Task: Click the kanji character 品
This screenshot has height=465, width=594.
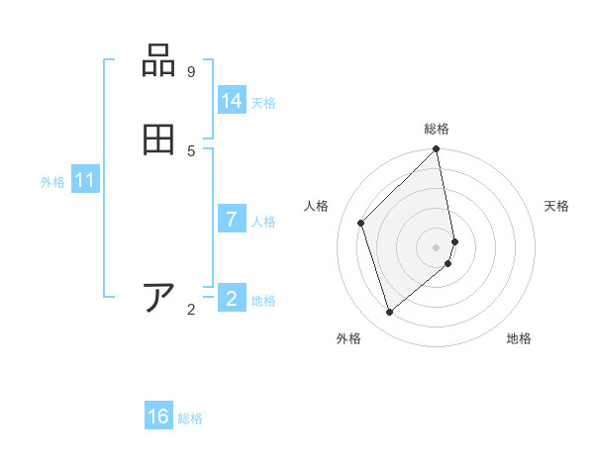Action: (159, 61)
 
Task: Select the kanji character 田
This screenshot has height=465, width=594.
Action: (159, 139)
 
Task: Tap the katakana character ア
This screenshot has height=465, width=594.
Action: (159, 298)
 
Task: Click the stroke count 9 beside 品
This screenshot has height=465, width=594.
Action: (191, 72)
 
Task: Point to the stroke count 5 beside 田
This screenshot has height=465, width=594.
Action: (191, 150)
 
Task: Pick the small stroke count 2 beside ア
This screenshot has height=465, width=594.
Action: (191, 310)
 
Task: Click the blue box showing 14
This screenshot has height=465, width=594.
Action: (232, 101)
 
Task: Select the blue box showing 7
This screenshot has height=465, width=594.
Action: (232, 220)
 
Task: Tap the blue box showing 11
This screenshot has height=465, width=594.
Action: (85, 181)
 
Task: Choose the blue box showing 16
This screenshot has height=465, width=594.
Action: (158, 417)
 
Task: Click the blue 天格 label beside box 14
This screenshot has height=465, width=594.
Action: (263, 103)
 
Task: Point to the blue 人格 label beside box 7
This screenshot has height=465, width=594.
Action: (263, 222)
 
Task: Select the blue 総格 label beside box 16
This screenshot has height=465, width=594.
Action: (190, 418)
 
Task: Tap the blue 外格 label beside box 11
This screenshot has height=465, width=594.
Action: (52, 182)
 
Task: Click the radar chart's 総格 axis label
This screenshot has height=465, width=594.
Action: (437, 129)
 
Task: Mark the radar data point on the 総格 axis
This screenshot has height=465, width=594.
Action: (437, 149)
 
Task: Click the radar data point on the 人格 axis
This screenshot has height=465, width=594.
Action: (361, 223)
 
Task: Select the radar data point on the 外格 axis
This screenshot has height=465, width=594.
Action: (390, 313)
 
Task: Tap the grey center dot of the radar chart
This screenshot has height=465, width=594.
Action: (437, 246)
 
